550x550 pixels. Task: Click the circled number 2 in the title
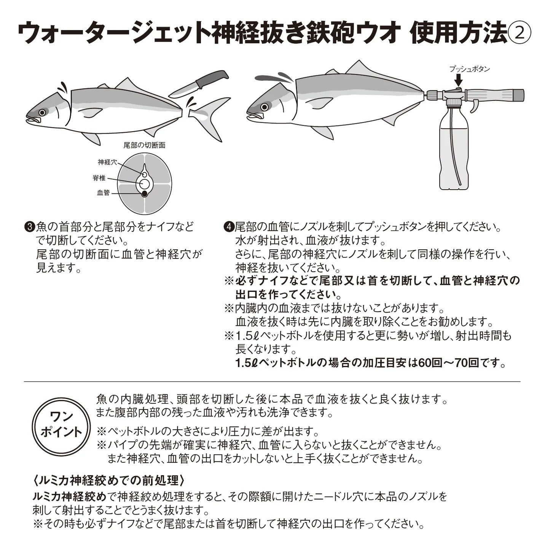(x=519, y=33)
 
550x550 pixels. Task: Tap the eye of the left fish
(x=42, y=112)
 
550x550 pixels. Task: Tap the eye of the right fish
(x=264, y=107)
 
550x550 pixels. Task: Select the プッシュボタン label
(x=470, y=69)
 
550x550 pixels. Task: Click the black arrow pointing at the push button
(x=459, y=80)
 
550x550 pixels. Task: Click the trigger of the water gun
(x=473, y=108)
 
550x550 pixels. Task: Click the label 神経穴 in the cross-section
(x=107, y=163)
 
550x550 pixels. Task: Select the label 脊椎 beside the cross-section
(x=99, y=178)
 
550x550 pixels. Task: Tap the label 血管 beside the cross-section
(x=103, y=193)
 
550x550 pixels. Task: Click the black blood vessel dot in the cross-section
(x=144, y=194)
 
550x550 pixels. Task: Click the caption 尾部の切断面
(x=144, y=145)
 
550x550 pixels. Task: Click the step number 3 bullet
(x=29, y=227)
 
